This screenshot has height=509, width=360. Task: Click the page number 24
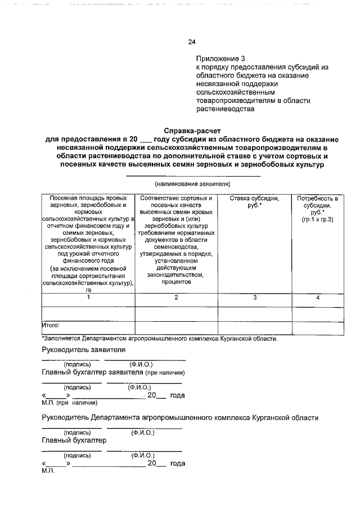191,42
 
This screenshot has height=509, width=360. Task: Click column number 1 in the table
88,296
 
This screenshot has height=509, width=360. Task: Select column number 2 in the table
176,296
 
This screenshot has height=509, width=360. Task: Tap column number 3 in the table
254,296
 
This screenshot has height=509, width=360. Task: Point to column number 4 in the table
318,296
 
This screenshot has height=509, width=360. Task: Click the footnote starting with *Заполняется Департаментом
159,339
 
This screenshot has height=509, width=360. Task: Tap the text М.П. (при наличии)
70,403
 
